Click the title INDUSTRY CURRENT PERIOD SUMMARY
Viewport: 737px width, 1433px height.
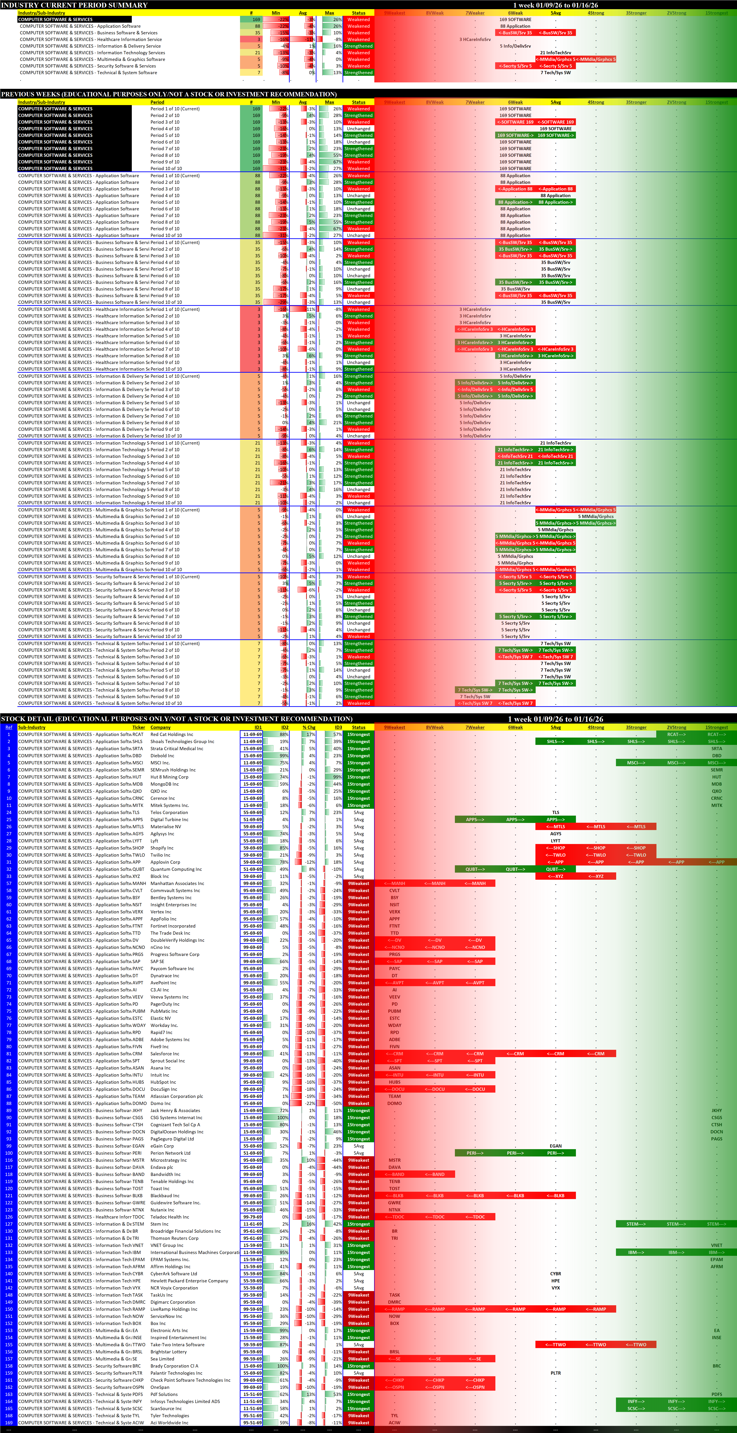75,5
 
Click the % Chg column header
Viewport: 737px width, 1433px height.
309,727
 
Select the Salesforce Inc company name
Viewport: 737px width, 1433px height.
165,1054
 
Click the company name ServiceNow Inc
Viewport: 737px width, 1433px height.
166,1316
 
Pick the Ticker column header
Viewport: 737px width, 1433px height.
138,727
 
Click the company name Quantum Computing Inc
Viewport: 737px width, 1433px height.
176,869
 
